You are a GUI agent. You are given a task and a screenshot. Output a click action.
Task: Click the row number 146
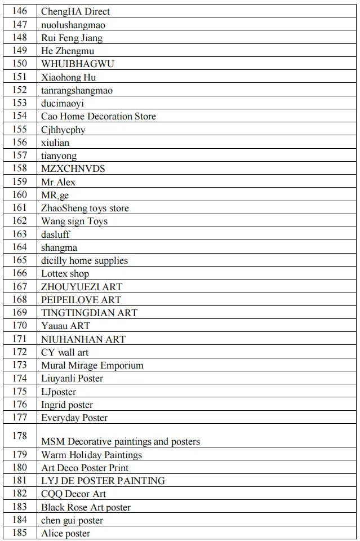click(20, 11)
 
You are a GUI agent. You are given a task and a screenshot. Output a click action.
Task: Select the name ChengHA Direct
click(75, 11)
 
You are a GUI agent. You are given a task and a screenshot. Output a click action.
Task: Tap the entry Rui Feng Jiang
click(72, 38)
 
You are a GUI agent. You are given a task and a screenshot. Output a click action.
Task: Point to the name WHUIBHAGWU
click(77, 64)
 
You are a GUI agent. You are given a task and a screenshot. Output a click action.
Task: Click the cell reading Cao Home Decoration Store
click(99, 116)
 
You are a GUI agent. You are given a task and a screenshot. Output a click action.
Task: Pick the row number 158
click(20, 168)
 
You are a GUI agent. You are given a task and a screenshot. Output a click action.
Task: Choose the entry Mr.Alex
click(58, 182)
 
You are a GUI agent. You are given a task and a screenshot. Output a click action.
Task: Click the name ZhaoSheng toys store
click(85, 208)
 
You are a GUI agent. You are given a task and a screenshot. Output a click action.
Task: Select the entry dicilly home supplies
click(85, 260)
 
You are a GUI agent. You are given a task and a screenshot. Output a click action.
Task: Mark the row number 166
click(20, 273)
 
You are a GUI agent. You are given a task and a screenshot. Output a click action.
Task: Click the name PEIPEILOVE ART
click(81, 299)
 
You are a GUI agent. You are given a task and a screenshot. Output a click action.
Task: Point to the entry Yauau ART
click(65, 325)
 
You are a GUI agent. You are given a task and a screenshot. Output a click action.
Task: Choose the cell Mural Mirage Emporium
click(92, 365)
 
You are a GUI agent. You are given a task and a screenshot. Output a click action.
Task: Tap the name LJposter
click(59, 392)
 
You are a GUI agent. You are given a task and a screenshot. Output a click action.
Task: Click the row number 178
click(20, 435)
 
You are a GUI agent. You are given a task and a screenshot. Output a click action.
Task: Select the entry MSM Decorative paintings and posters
click(121, 441)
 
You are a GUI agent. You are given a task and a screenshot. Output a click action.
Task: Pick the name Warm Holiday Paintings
click(92, 455)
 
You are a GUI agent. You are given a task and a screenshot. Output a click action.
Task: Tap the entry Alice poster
click(65, 533)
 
